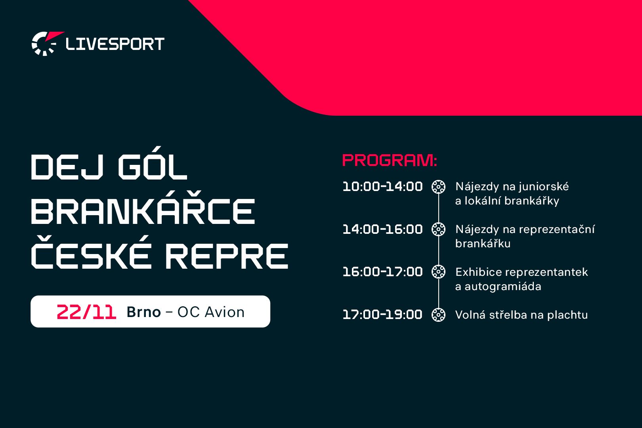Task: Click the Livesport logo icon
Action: click(46, 44)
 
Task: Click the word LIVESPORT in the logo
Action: click(115, 44)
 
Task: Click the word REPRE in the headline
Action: click(227, 256)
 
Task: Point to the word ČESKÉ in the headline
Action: click(91, 252)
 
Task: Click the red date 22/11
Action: click(86, 312)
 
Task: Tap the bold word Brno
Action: click(143, 312)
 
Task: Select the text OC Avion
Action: click(211, 312)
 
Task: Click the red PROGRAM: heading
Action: click(390, 160)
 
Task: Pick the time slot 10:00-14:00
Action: click(382, 187)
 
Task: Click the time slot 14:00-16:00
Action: click(382, 229)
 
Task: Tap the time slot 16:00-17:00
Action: click(382, 272)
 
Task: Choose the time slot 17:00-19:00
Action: click(382, 315)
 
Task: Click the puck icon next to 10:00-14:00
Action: click(439, 187)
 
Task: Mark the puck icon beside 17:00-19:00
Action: click(439, 315)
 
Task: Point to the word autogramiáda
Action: click(503, 287)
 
